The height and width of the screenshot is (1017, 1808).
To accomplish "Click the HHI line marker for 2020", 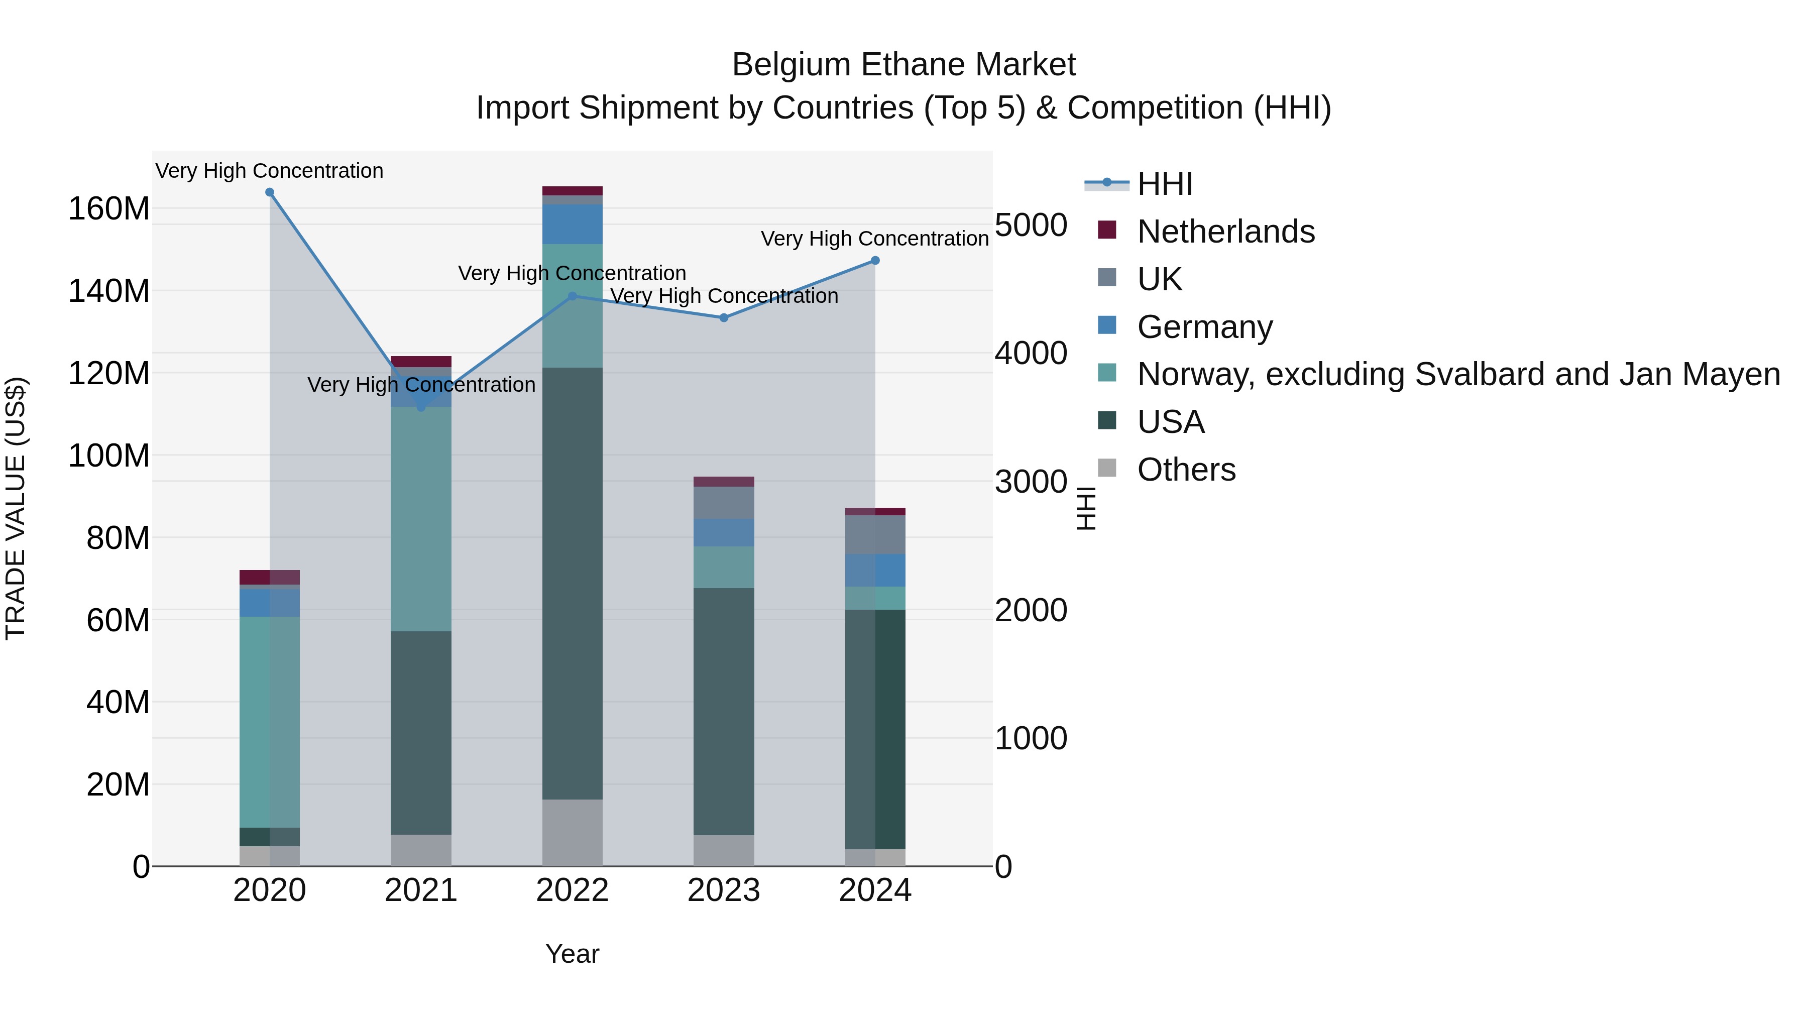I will point(270,192).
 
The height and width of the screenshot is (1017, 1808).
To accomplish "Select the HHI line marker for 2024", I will point(875,260).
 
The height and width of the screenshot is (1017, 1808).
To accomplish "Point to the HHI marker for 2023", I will point(724,318).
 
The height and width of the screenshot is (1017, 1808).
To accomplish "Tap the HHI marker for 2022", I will point(572,296).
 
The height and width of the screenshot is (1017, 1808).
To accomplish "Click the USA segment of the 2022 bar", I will point(572,583).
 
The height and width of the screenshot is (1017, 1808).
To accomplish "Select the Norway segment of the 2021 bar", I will point(421,519).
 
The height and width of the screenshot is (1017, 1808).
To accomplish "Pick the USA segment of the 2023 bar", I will point(724,711).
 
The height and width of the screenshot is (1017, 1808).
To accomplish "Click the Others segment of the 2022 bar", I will point(572,832).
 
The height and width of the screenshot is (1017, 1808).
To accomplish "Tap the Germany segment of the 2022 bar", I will point(572,224).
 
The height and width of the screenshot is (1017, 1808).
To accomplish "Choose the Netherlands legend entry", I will point(1225,232).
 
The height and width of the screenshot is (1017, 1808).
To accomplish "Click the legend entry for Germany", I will point(1204,327).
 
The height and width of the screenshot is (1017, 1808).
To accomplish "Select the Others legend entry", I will point(1186,470).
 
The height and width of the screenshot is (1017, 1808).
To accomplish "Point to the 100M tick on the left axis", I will point(109,456).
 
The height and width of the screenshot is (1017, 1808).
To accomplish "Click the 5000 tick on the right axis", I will point(1031,225).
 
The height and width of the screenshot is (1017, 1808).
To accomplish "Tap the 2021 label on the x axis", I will point(421,890).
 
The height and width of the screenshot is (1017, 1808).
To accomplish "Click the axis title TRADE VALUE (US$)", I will point(16,508).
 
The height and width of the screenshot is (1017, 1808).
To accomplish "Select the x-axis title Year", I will point(572,954).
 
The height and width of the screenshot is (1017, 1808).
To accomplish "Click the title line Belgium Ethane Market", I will point(903,65).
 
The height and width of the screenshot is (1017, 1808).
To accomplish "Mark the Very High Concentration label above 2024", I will point(874,239).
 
